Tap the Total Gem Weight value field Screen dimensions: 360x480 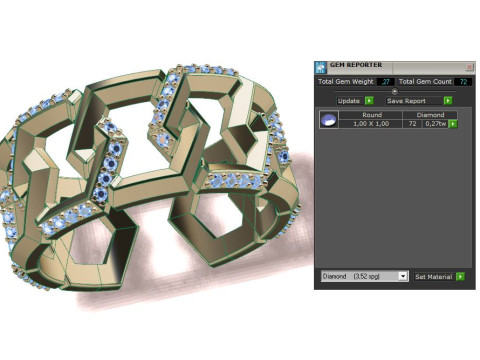coord(385,82)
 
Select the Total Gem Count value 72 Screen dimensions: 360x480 coord(465,82)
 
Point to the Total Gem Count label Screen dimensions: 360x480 coord(426,82)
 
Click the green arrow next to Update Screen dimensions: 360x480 coord(369,101)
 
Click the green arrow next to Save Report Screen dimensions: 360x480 coord(448,101)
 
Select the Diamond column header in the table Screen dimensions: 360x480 coord(430,115)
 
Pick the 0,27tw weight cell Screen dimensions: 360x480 coord(434,124)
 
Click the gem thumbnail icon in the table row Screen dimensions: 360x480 coord(326,120)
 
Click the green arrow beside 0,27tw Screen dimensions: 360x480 coord(454,124)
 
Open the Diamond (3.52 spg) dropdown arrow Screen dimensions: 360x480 coord(402,275)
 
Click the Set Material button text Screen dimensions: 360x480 coord(433,275)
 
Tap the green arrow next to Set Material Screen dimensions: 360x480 coord(462,275)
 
